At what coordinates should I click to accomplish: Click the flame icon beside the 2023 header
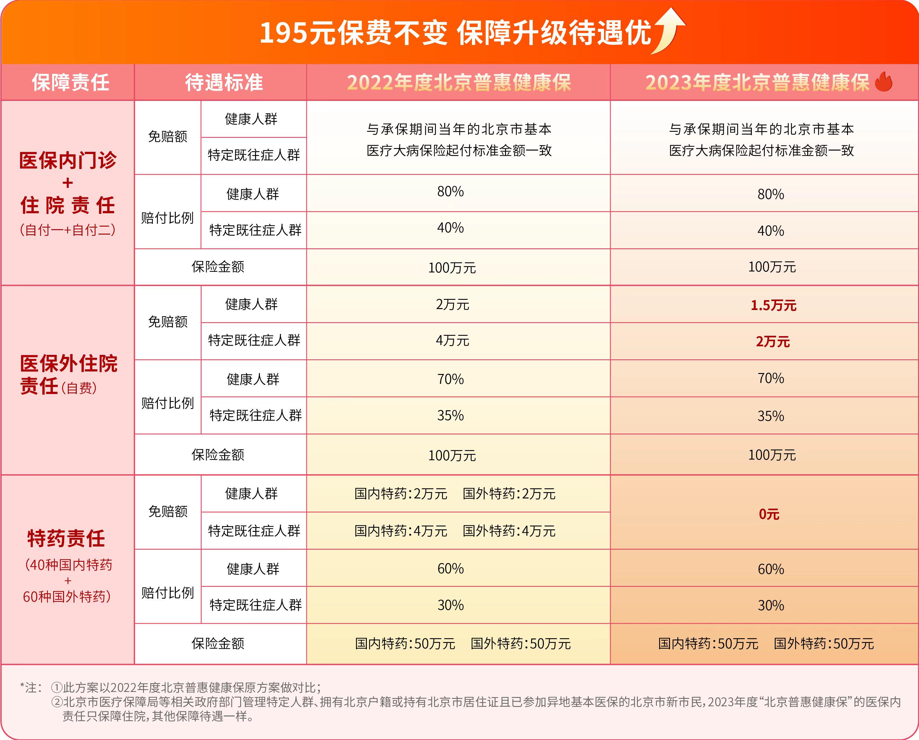(x=884, y=82)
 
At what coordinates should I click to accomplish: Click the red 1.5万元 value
(x=773, y=305)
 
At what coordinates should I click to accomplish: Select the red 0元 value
(x=769, y=514)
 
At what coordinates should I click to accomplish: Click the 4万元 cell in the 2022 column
(x=452, y=341)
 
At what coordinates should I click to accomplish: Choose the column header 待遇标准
(x=224, y=82)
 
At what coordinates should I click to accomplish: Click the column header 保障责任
(x=70, y=82)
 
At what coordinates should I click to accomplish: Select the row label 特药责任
(x=66, y=538)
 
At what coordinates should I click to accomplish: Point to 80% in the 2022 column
(x=450, y=192)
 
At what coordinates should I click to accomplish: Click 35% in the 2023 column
(x=770, y=416)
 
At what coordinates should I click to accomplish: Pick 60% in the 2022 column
(x=450, y=569)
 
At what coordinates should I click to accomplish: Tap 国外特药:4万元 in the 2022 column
(x=509, y=531)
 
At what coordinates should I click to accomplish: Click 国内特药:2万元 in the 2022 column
(x=401, y=494)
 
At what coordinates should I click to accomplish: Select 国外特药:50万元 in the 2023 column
(x=823, y=643)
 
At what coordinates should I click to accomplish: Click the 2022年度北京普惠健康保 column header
(x=459, y=82)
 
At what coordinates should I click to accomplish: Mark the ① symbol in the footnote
(x=57, y=687)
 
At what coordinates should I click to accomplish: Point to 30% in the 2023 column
(x=770, y=605)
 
